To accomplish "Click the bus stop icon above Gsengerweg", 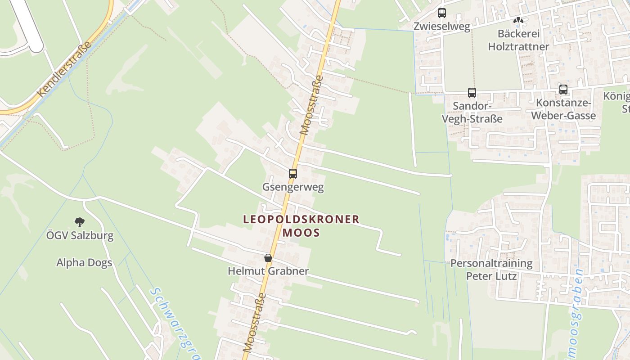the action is coord(293,173).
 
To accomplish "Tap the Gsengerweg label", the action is coord(293,187).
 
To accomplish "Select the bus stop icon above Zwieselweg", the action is coord(442,13).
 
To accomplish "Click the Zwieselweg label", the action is coord(442,27).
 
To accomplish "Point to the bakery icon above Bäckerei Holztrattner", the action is coord(518,20).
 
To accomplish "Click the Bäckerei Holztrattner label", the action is coord(518,40).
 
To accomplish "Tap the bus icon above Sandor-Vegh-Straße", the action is coord(472,93).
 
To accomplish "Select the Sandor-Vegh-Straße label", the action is coord(472,112).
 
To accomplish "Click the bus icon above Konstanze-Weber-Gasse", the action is coord(563,89).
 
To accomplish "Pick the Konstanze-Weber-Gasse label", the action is coord(563,109).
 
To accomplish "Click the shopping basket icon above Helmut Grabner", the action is coord(268,258).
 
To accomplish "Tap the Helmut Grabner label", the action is coord(268,271).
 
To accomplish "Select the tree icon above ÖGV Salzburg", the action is coord(80,221).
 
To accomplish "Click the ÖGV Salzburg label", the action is coord(80,235).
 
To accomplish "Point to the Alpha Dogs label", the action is coord(84,263).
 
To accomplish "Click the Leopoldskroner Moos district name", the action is coord(301,226).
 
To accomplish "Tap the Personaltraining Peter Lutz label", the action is coord(491,269).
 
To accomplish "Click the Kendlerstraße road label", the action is coord(65,69).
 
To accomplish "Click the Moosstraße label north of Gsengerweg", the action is coord(311,105).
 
